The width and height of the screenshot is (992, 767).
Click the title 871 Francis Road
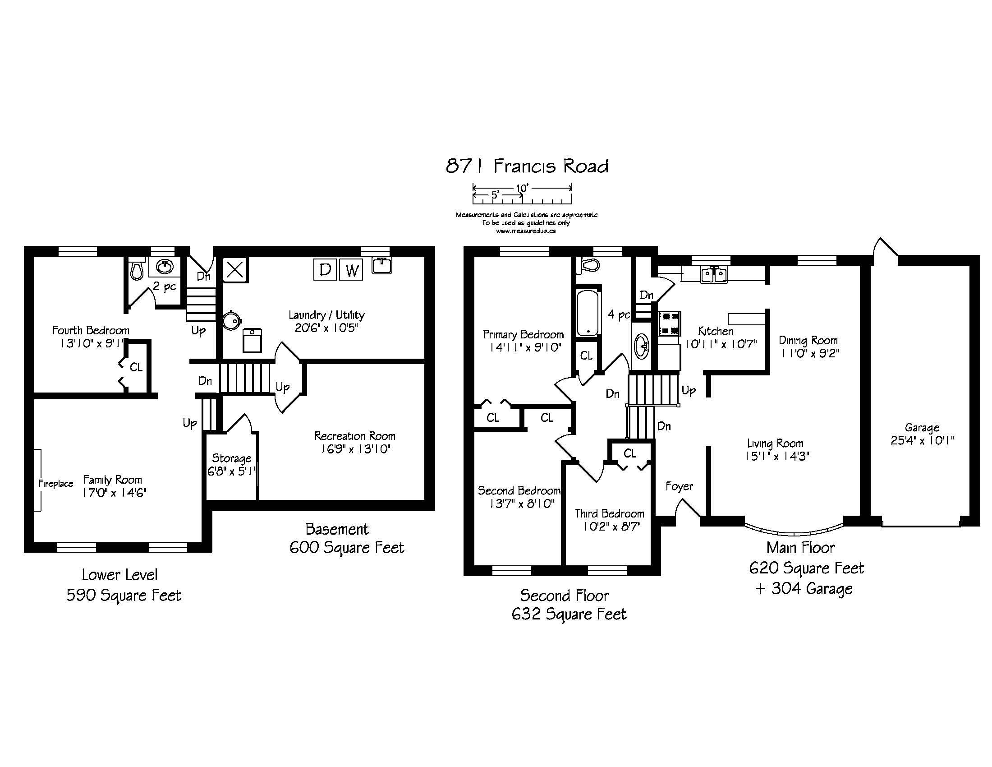tap(527, 166)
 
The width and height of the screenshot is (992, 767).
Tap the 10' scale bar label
tap(522, 188)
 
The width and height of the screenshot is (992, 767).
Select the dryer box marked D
tap(325, 269)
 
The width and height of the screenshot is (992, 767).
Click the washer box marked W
tap(351, 269)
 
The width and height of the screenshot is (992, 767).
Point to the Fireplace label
tap(56, 484)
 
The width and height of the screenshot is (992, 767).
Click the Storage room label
tap(232, 458)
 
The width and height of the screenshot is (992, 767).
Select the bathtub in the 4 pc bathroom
tap(587, 313)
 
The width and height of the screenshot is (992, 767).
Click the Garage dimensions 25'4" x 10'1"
tap(922, 440)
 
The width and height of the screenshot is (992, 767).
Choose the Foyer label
tap(679, 487)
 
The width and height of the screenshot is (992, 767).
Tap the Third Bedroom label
tap(610, 513)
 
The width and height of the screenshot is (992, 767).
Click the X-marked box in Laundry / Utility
tap(235, 270)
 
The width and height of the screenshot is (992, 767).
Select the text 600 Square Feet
tap(347, 548)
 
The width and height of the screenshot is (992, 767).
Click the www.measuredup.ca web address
tap(526, 231)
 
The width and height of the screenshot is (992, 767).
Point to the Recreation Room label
tap(355, 436)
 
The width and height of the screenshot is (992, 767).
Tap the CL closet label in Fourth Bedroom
tap(136, 367)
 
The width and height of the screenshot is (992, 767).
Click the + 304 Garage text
tap(804, 589)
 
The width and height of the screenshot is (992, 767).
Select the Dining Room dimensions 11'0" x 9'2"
tap(809, 354)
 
